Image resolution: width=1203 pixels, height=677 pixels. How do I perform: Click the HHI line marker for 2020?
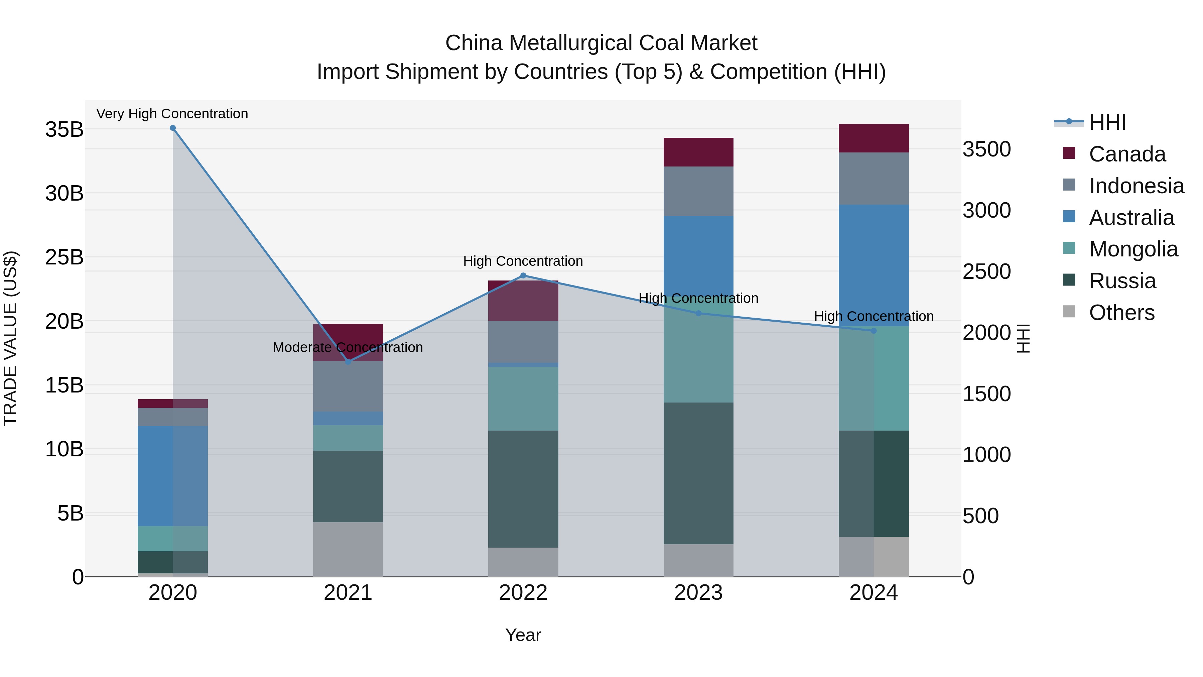tap(173, 128)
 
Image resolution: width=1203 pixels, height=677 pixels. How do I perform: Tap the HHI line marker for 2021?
tap(348, 362)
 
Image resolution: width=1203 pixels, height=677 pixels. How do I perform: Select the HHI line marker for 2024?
tap(874, 331)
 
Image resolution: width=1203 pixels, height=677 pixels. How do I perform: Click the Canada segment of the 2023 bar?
tap(698, 152)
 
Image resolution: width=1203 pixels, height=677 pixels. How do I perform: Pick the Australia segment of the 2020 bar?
tap(172, 476)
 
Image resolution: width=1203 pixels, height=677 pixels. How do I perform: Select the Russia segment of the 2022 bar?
tap(523, 489)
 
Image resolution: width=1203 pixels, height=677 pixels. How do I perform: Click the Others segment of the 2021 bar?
tap(348, 549)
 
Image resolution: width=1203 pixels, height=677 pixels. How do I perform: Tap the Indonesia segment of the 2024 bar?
tap(874, 179)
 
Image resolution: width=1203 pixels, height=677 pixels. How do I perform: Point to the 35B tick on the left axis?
tap(64, 129)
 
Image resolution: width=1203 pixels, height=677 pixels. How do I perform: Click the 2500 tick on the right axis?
tap(986, 271)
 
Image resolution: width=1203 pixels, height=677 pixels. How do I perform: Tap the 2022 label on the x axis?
tap(523, 593)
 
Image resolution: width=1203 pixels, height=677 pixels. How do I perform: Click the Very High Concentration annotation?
tap(172, 114)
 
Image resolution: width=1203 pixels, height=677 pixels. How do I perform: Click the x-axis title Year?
tap(523, 635)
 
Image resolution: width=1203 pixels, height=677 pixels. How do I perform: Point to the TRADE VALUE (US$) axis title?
tap(10, 338)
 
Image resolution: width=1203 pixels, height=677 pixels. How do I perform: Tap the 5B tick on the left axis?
tap(71, 514)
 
